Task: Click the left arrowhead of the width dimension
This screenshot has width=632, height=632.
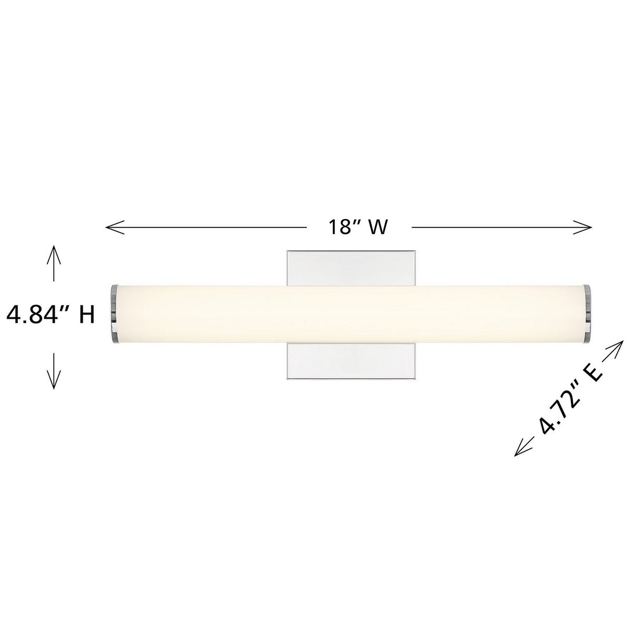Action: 114,227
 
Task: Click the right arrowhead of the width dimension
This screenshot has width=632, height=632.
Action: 583,227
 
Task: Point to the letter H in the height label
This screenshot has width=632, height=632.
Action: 86,315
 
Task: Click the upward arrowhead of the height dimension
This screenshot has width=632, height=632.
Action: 54,254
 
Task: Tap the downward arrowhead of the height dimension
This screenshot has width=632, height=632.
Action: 54,379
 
